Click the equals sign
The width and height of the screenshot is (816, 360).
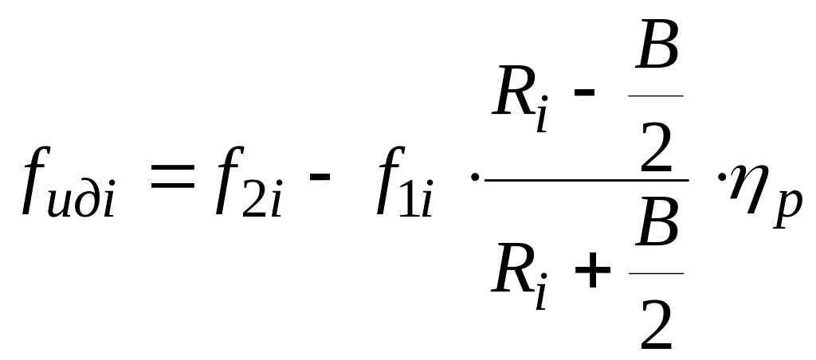pos(172,175)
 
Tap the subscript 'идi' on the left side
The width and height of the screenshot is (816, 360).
pos(80,198)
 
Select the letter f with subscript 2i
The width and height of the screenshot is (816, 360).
pos(229,180)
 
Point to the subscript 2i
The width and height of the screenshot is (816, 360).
pos(262,198)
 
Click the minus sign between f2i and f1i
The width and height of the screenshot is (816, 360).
pos(320,176)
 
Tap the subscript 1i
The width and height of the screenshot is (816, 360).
pos(416,198)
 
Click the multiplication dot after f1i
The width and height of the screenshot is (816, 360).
pos(474,177)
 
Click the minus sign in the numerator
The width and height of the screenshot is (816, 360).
pos(584,92)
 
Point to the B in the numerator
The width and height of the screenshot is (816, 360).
pos(657,45)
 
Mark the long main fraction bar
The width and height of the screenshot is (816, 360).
pos(586,180)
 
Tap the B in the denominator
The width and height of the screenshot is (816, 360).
pos(657,221)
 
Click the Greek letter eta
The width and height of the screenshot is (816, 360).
pos(748,187)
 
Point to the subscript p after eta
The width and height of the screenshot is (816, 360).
pos(788,208)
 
